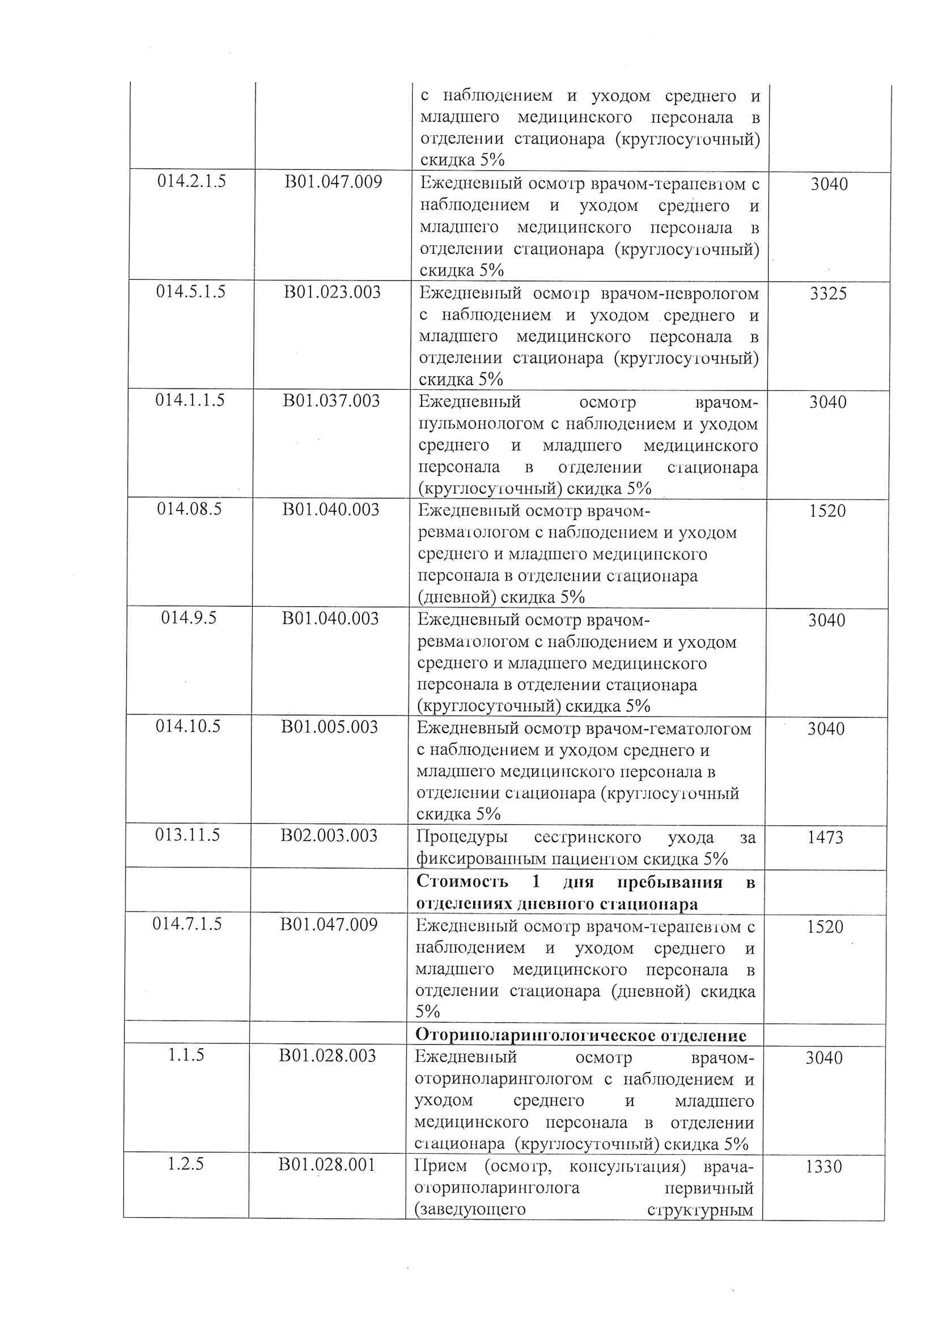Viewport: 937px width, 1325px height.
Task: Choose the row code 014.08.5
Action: point(189,509)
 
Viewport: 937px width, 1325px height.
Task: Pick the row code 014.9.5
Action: point(189,617)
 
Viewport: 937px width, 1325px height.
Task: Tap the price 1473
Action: point(826,837)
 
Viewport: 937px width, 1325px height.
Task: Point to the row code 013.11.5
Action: point(188,835)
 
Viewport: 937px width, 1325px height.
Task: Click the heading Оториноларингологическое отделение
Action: point(581,1035)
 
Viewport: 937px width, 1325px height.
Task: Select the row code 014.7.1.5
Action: point(187,924)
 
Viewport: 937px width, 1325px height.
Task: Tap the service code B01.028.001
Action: point(327,1165)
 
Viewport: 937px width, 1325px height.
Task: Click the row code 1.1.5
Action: point(186,1055)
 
